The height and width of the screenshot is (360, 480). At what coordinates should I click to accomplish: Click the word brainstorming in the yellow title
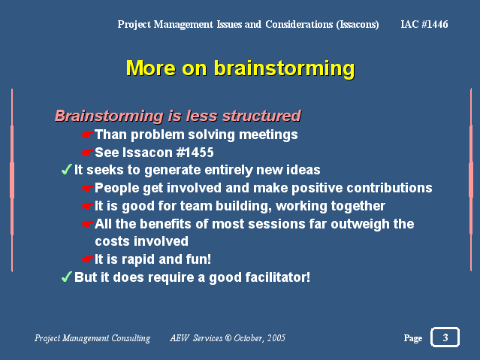(285, 68)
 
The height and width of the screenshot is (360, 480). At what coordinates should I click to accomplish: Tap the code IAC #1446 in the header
(424, 24)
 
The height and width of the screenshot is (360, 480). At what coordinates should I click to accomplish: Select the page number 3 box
(445, 337)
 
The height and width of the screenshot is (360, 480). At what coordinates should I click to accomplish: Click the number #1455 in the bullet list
(195, 153)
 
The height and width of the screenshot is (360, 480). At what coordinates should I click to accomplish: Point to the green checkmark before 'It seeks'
(66, 169)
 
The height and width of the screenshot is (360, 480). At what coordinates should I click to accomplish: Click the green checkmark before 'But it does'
(66, 277)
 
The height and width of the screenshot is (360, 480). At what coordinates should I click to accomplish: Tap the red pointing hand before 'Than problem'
(88, 135)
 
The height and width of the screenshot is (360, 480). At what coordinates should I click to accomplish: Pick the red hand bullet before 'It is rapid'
(88, 259)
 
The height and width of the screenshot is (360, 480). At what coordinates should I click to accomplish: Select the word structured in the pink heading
(261, 116)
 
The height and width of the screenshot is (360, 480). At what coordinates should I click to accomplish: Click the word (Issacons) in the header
(358, 25)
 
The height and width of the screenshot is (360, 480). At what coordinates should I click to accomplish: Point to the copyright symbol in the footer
(228, 338)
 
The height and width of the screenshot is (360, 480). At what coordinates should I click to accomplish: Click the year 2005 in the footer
(276, 338)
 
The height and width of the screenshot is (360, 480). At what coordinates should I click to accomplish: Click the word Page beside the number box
(413, 338)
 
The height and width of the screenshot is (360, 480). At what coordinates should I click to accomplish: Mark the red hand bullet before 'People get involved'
(88, 188)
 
